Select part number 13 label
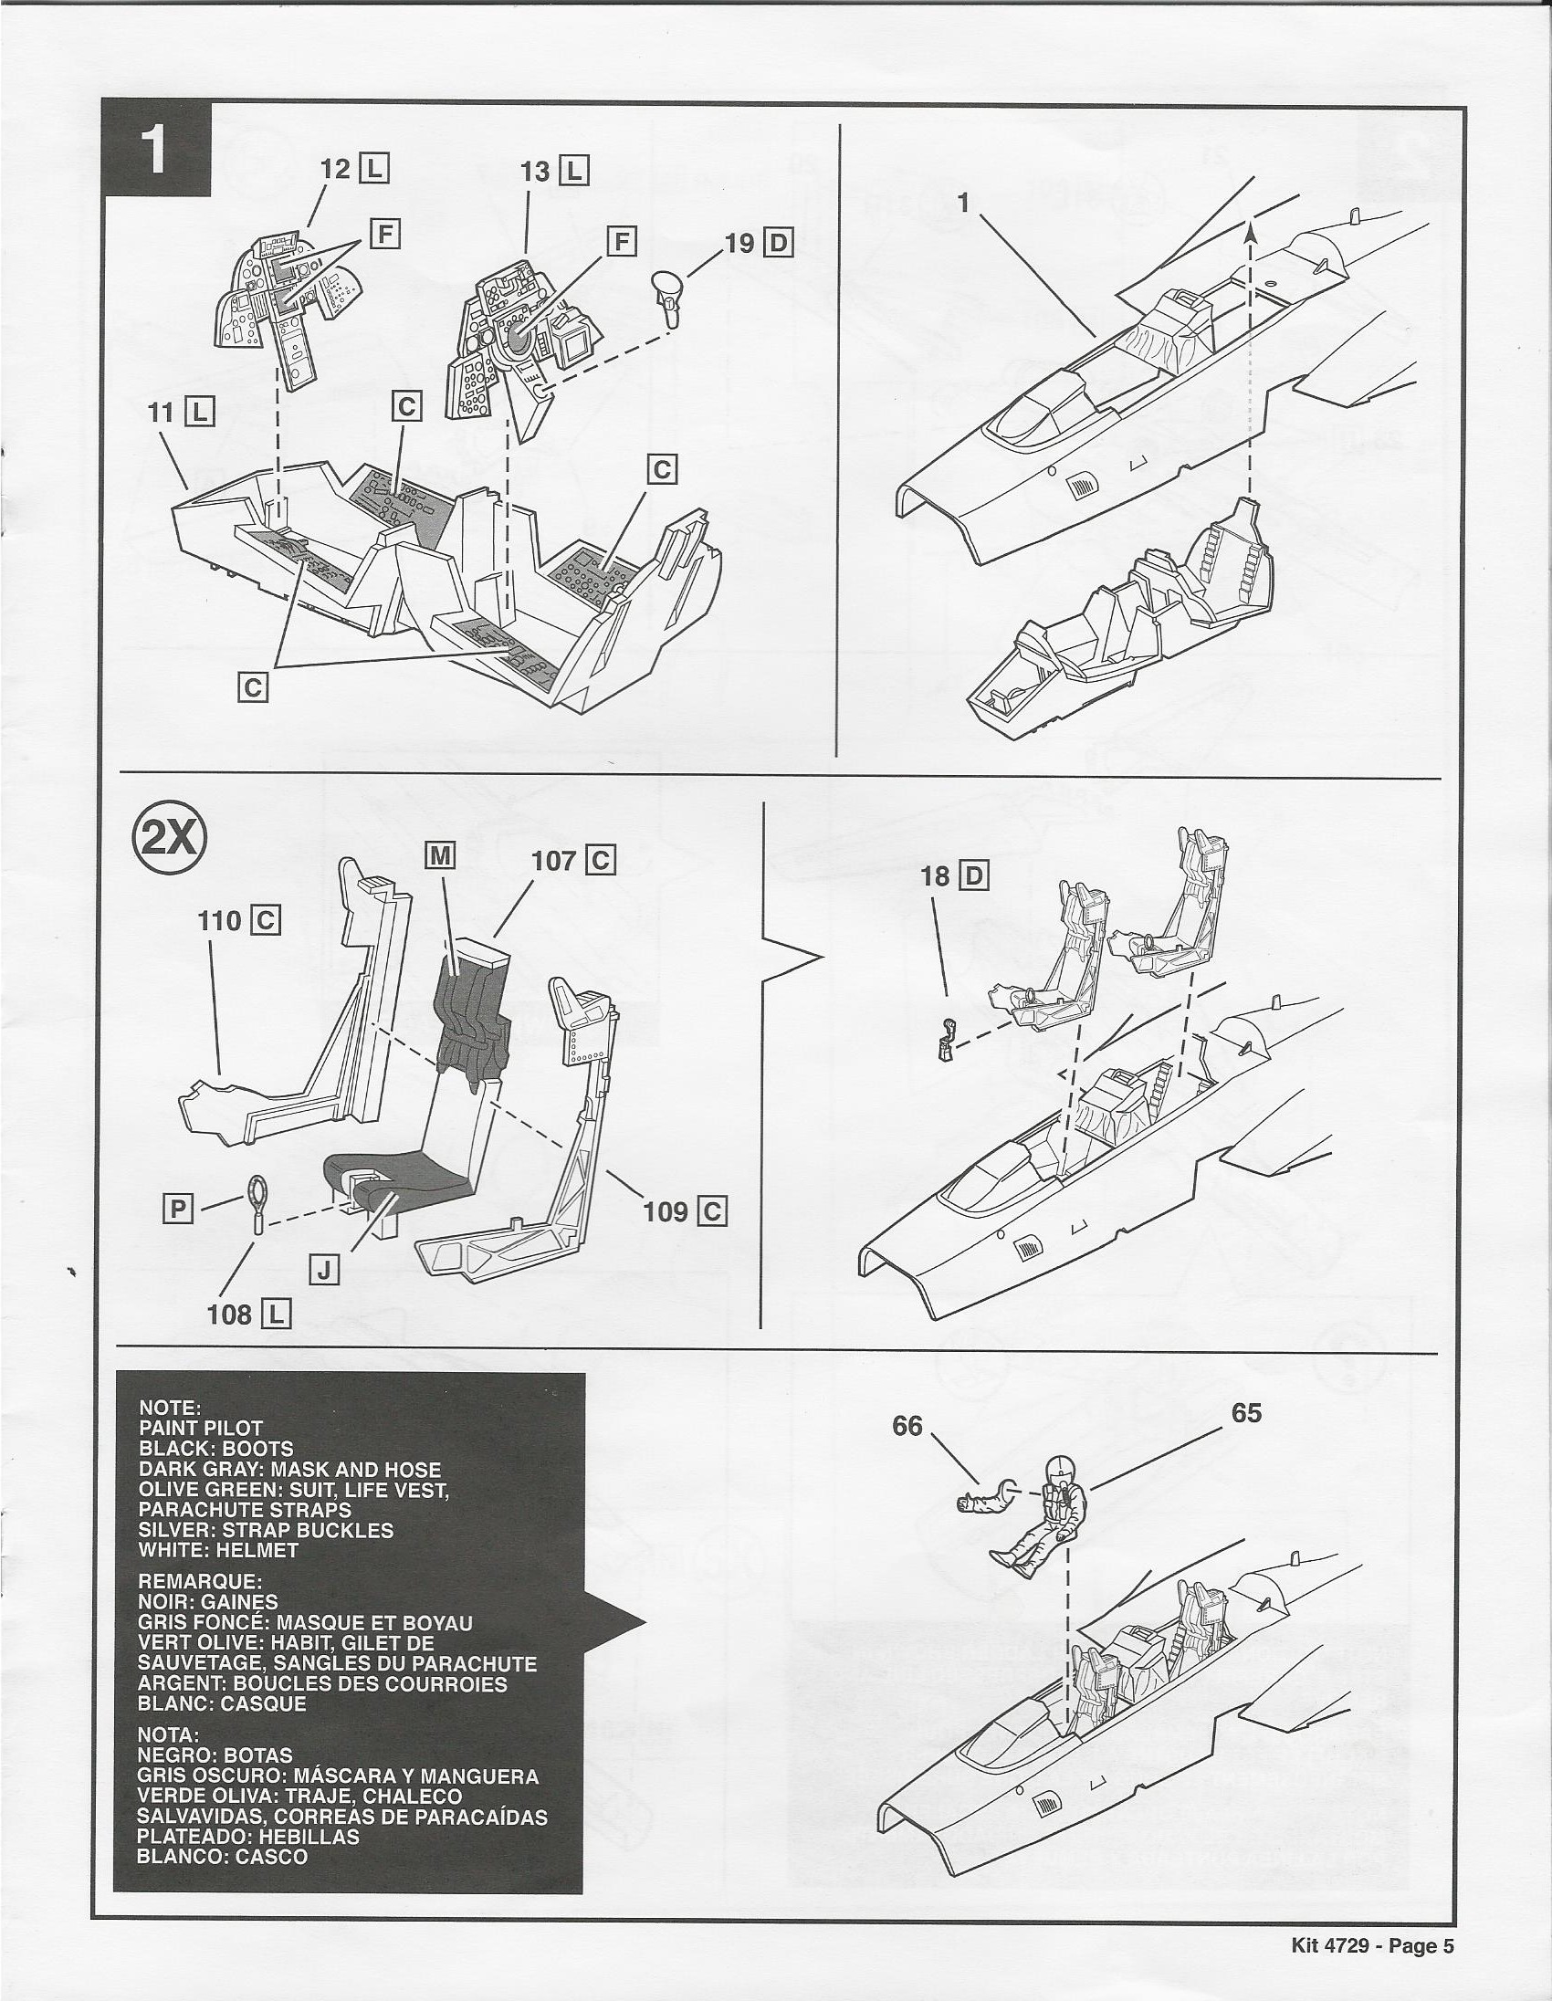pyautogui.click(x=535, y=172)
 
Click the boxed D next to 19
pyautogui.click(x=780, y=243)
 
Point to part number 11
pyautogui.click(x=162, y=415)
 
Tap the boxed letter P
pyautogui.click(x=177, y=1210)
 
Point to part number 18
pyautogui.click(x=936, y=877)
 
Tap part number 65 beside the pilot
pyautogui.click(x=1247, y=1413)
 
